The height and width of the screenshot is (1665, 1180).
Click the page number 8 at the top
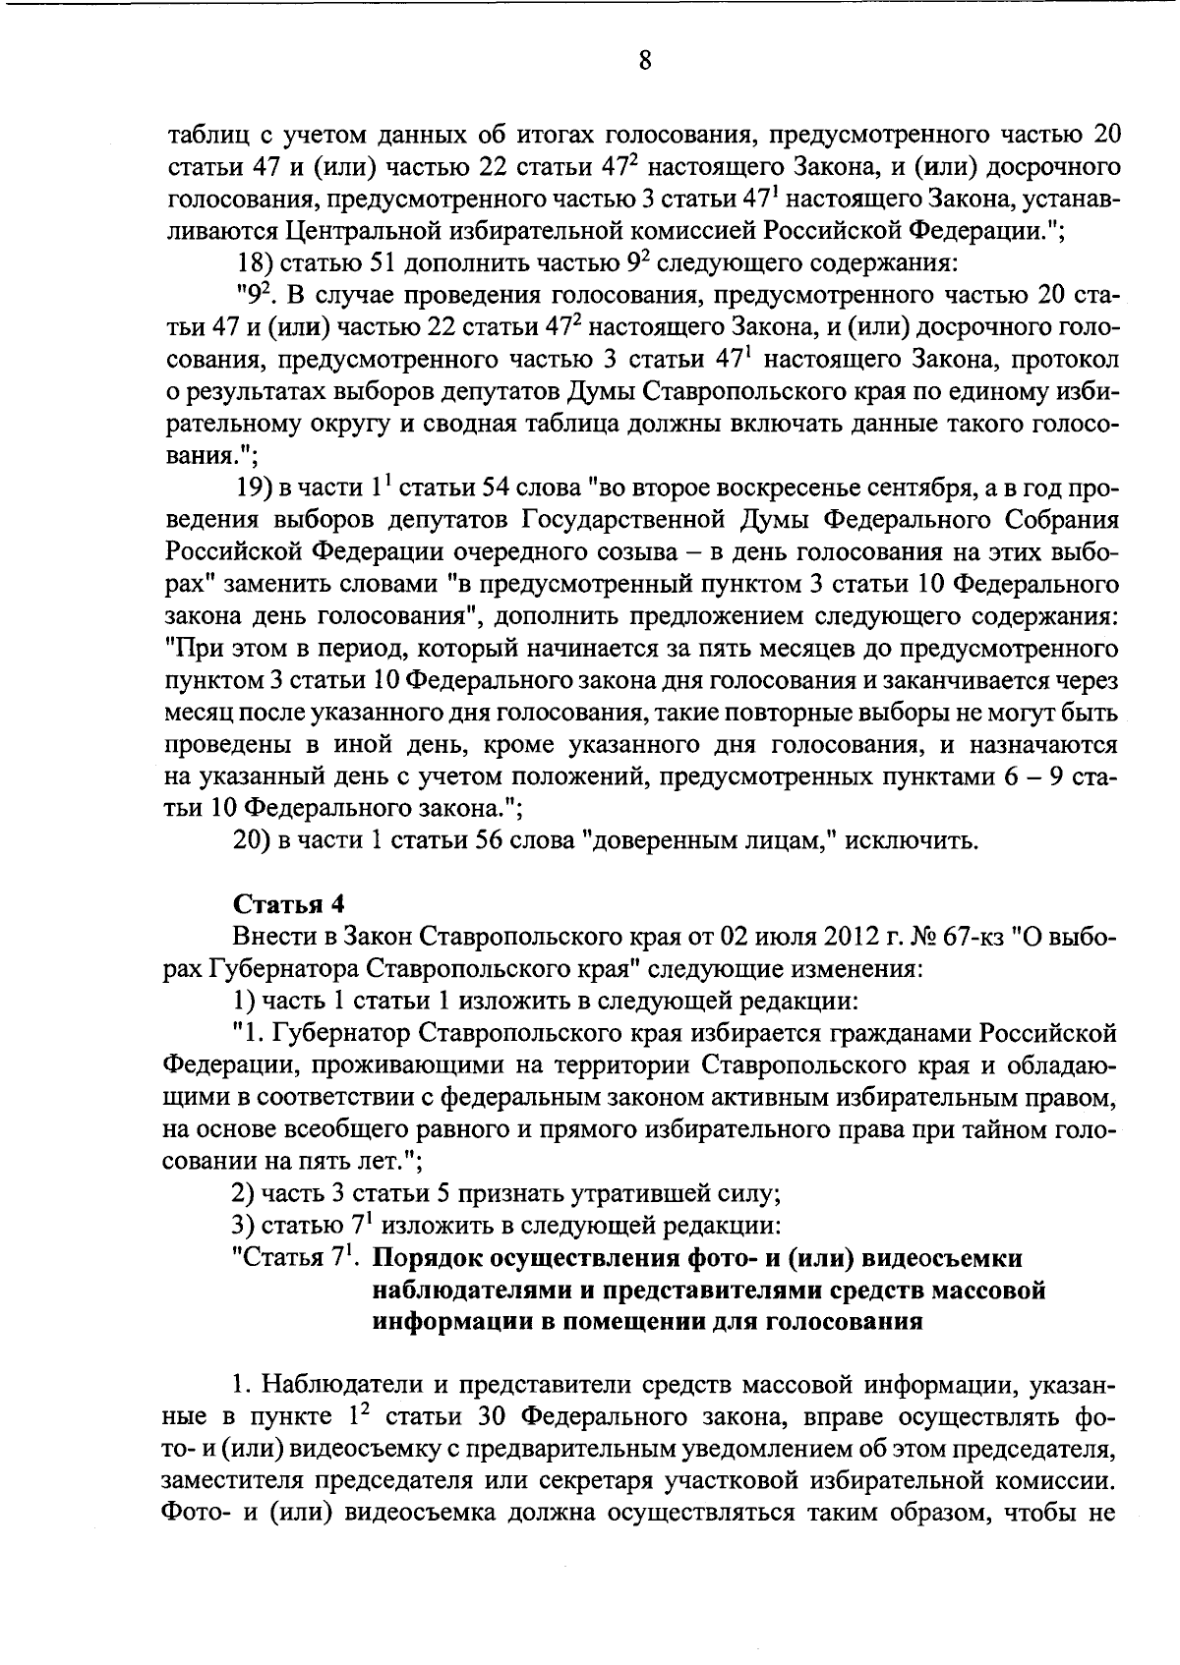[x=644, y=62]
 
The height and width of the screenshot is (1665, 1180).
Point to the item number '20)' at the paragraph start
[x=259, y=840]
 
